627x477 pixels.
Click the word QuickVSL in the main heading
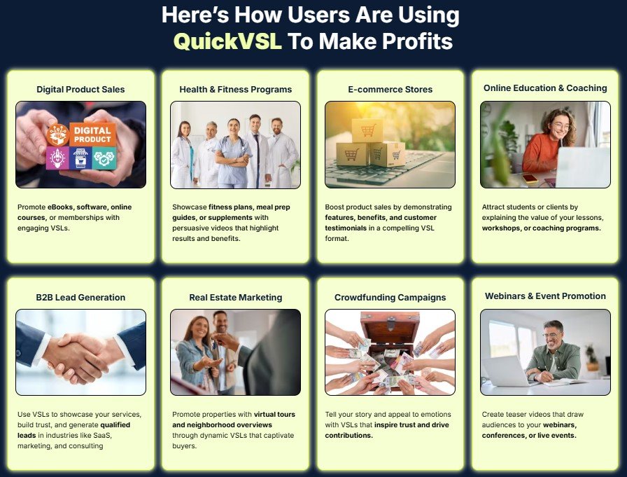[x=227, y=41]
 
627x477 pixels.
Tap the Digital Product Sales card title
[x=80, y=89]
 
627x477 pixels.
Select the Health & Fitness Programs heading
[x=236, y=89]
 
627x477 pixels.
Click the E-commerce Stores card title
[x=390, y=89]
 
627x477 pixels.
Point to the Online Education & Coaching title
[x=545, y=88]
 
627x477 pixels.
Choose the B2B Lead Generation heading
[x=80, y=297]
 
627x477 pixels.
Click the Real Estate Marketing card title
[x=236, y=297]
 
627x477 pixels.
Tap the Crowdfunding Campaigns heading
[x=390, y=297]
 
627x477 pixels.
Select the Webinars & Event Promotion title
[x=545, y=296]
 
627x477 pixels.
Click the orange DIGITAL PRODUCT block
[x=92, y=134]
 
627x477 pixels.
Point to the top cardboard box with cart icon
[x=367, y=130]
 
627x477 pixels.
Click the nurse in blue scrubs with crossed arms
[x=233, y=154]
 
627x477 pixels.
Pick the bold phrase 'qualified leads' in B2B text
[x=74, y=430]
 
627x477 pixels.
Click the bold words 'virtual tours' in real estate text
[x=274, y=414]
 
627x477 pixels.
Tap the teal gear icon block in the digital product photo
[x=104, y=158]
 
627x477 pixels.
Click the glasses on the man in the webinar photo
[x=550, y=335]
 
